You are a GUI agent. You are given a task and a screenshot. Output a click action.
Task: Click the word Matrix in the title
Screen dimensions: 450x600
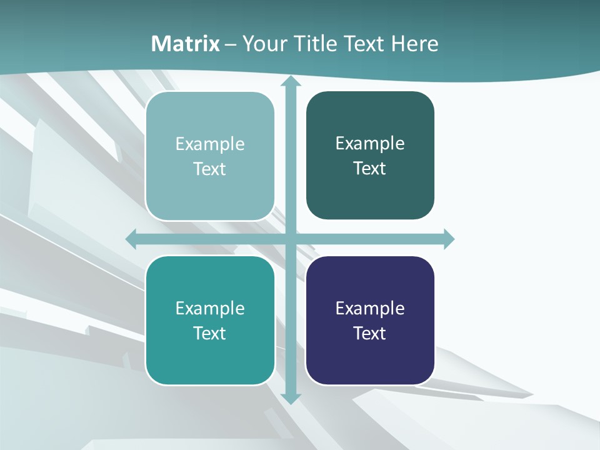[x=186, y=44]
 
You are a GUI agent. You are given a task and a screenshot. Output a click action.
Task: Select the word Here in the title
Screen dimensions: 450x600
[x=414, y=44]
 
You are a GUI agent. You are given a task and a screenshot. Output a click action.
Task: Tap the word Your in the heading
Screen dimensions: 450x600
[x=263, y=44]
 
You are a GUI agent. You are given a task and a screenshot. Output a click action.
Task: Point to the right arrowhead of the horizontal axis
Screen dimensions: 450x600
[x=448, y=239]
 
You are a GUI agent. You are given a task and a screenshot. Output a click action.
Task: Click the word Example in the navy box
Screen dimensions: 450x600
[x=370, y=308]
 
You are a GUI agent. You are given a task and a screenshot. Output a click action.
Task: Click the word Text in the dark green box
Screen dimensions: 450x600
[x=370, y=169]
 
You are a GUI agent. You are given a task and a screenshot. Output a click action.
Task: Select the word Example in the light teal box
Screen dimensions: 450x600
[x=210, y=144]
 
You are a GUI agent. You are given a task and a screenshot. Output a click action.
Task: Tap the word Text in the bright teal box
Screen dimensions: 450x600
[x=210, y=333]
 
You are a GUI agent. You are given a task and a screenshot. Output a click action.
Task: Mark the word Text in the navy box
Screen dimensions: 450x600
[x=370, y=333]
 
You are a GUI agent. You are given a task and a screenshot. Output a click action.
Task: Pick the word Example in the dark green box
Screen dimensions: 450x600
[x=370, y=144]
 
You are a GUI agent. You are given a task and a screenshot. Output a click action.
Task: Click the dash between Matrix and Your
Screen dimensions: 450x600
[x=231, y=44]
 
